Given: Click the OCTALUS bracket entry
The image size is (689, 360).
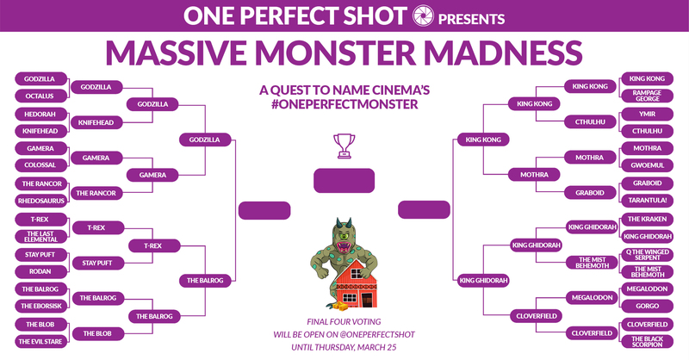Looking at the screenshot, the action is [40, 96].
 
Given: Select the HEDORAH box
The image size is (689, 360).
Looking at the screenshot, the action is [40, 114].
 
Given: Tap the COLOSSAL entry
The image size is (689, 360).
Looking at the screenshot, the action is [40, 165].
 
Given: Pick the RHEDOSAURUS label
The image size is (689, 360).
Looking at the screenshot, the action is [40, 201].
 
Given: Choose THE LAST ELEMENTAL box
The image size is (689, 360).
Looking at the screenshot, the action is [40, 237].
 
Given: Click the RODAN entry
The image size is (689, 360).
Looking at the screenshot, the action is [40, 271].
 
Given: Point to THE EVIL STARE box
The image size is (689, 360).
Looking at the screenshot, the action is [40, 342].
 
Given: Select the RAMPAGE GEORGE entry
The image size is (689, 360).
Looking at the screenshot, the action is [647, 96].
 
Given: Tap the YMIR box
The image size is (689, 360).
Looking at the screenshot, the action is [647, 114].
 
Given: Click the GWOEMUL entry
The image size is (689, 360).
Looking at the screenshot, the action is [647, 165].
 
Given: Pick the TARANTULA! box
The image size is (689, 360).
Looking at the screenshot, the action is [647, 201].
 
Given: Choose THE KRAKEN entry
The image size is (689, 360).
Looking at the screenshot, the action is [647, 219].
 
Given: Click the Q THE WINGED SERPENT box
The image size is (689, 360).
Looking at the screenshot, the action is [647, 255].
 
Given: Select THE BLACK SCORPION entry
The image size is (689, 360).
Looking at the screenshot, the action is [647, 342].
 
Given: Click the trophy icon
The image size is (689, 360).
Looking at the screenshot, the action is [344, 146].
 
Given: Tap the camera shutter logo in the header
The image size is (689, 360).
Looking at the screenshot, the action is [423, 16].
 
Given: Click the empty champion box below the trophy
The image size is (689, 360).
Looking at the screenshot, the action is [344, 181].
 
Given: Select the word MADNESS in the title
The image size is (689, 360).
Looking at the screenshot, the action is [503, 53].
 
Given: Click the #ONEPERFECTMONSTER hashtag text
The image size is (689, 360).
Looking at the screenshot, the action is [344, 104].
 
